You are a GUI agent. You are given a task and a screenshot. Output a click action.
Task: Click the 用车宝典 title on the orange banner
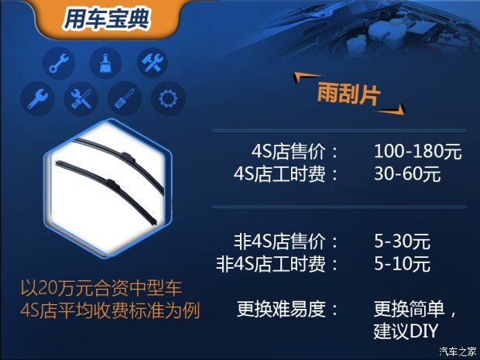(106, 19)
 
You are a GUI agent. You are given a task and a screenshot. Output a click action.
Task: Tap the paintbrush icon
(105, 63)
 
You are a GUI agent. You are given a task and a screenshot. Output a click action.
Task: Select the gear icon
(168, 98)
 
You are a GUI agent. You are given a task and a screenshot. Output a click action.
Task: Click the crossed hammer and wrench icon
(153, 63)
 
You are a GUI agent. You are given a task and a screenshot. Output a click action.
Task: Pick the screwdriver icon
(125, 98)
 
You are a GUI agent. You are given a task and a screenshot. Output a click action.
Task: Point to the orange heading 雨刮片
(348, 94)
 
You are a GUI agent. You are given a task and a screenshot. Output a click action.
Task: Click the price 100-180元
(417, 151)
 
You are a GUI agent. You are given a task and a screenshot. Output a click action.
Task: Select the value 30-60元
(407, 174)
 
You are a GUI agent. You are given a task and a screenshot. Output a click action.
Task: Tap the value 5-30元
(402, 242)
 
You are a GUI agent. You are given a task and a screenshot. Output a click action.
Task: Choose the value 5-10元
(402, 263)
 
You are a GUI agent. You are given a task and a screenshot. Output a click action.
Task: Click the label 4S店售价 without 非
(288, 151)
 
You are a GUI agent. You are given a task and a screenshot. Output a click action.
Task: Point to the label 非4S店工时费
(271, 264)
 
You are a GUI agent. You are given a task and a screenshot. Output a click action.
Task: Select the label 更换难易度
(281, 309)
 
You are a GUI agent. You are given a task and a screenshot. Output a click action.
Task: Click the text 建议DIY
(406, 331)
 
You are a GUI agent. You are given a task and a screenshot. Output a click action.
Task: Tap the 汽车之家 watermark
(458, 351)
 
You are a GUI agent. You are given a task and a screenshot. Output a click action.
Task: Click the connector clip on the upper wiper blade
(129, 157)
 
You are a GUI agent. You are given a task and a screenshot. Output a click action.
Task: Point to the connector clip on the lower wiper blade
(112, 184)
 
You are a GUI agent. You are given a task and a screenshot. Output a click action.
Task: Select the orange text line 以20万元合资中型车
(101, 288)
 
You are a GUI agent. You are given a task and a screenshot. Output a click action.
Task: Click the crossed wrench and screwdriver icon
(81, 98)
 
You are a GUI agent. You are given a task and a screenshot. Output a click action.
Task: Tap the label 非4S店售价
(279, 242)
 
